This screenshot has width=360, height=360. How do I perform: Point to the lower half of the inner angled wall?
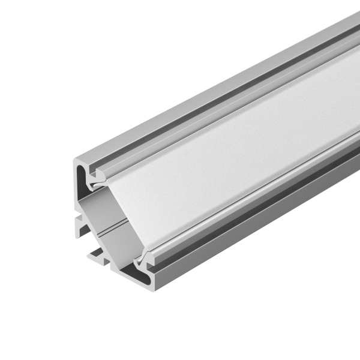coord(123,240)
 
